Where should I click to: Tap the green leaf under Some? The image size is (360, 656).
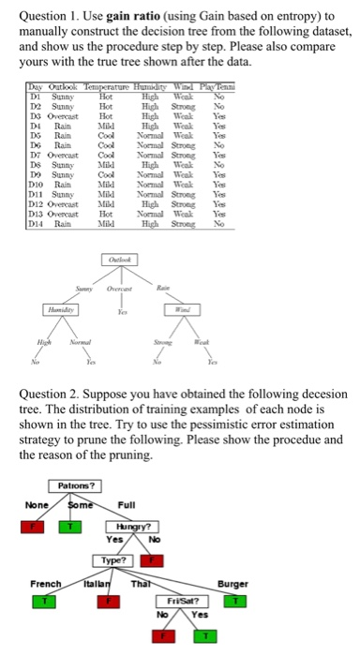[x=67, y=526]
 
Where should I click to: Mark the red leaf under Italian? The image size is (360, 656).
[x=105, y=600]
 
